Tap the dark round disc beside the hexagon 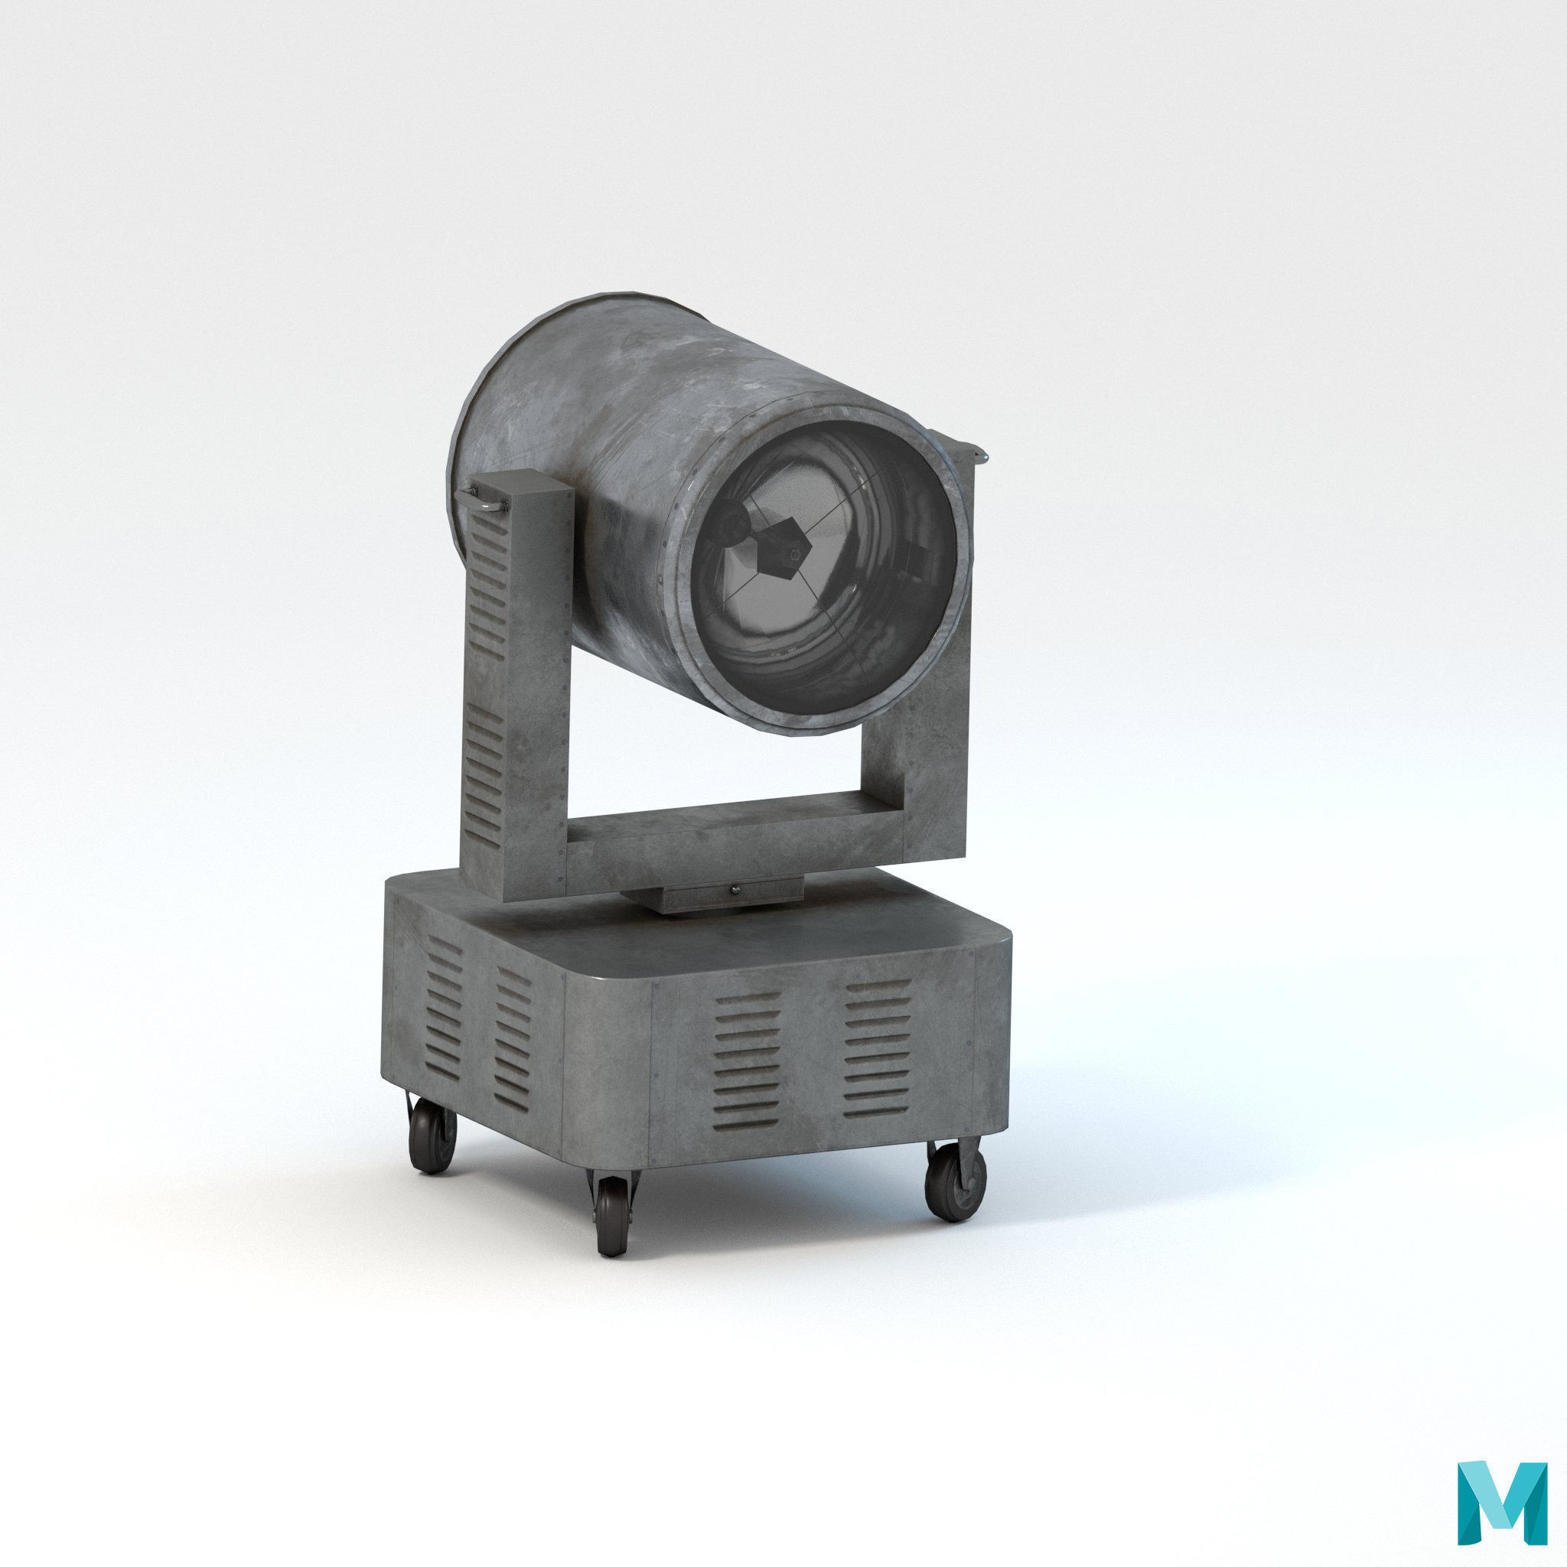pos(732,526)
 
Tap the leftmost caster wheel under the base pos(432,1134)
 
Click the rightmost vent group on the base pos(877,1048)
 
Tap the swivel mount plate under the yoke pos(714,896)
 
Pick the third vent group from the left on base pos(747,1058)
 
